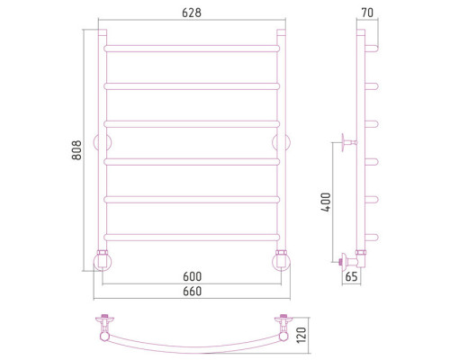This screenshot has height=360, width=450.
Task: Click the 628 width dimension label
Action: (x=192, y=13)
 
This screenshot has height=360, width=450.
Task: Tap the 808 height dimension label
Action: (x=76, y=150)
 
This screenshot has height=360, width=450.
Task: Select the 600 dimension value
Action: (x=192, y=276)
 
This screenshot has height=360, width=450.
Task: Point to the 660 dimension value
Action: (x=192, y=292)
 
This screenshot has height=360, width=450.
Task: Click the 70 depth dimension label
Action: (x=367, y=13)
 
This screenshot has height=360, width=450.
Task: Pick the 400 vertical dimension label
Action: (x=326, y=202)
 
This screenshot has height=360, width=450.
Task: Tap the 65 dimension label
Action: (x=351, y=276)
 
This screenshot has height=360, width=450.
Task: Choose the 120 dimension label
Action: (x=301, y=335)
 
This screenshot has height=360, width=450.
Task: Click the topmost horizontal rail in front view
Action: (x=192, y=49)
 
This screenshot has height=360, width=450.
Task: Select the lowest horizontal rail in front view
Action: (x=192, y=238)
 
